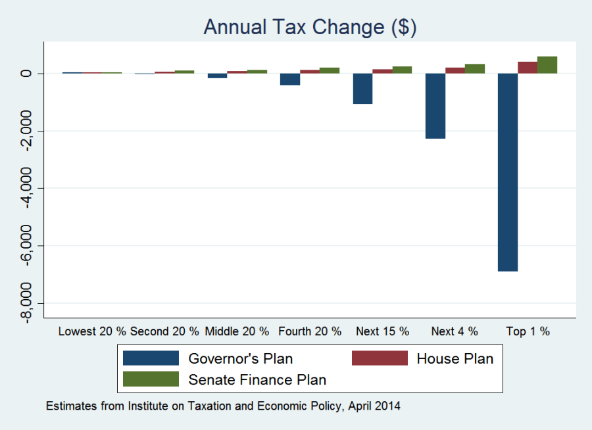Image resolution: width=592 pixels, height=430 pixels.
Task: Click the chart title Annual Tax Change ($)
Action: (310, 27)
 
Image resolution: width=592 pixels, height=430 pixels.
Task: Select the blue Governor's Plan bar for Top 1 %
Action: (508, 172)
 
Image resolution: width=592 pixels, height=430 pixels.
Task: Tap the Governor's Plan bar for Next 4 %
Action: (435, 106)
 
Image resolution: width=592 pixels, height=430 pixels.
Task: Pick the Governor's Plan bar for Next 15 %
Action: (362, 88)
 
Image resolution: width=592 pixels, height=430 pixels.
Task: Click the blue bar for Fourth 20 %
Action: (290, 79)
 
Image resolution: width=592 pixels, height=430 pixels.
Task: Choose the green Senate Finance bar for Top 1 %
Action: (547, 64)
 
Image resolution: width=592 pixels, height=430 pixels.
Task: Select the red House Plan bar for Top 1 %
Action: (528, 67)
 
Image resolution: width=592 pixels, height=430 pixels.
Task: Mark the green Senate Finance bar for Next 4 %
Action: (475, 68)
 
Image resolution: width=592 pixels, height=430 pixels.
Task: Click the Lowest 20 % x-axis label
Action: (92, 331)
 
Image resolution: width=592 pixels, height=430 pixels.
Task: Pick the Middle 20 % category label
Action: (237, 331)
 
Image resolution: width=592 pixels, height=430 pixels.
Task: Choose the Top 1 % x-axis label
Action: (528, 331)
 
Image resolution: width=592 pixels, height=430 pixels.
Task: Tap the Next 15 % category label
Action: (382, 331)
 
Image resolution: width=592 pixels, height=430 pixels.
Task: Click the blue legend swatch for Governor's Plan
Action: (151, 358)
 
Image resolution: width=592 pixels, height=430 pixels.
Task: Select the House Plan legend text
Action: (455, 358)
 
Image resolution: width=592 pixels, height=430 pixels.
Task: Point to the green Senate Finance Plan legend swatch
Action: (151, 379)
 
